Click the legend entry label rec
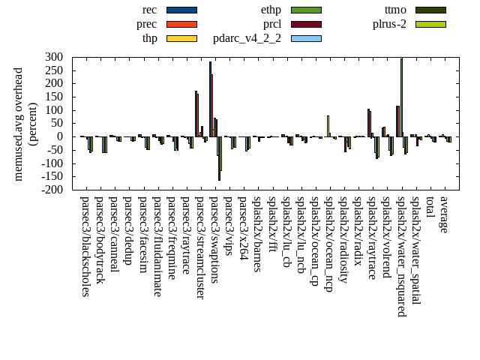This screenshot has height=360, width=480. coord(149,10)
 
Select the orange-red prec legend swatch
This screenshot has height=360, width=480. coord(181,24)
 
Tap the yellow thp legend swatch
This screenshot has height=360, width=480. coord(181,38)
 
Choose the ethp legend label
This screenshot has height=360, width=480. coord(271,10)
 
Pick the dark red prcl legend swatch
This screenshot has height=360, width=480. coord(306,24)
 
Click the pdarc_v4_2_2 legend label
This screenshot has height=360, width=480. coord(247,38)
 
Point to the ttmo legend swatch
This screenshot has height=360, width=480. coord(430,10)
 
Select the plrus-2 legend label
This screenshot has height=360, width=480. coord(389,24)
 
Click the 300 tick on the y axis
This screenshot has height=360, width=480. coord(53,57)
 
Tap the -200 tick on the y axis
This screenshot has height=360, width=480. coord(51,190)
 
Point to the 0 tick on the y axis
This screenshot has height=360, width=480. coord(61,137)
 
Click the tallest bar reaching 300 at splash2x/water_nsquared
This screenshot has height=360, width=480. coord(401,97)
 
